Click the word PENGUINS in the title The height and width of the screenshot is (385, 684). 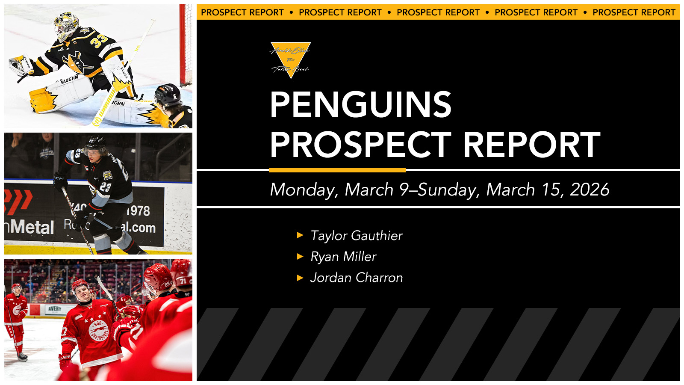click(360, 105)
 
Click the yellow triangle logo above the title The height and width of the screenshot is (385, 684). click(291, 59)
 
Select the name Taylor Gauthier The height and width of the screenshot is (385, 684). click(356, 236)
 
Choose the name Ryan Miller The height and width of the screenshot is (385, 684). click(343, 257)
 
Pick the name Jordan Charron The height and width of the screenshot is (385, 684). click(356, 278)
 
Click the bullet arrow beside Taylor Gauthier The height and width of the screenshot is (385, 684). click(300, 235)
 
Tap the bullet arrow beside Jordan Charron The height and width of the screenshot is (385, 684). click(300, 278)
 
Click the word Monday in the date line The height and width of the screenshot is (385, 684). click(304, 190)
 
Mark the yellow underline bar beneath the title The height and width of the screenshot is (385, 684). click(337, 170)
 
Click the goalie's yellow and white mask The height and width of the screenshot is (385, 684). click(66, 26)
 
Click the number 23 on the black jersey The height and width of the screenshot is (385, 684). click(105, 187)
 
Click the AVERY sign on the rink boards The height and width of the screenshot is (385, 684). click(54, 309)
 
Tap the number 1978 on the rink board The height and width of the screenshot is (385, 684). click(138, 210)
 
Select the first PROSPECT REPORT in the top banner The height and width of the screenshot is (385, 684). click(242, 12)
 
